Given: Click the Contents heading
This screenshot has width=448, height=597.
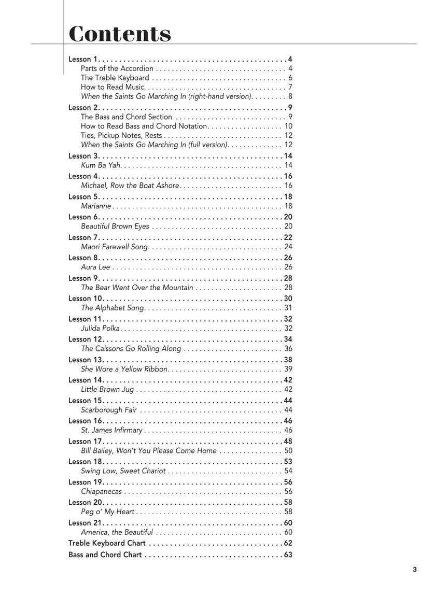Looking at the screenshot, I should click(120, 34).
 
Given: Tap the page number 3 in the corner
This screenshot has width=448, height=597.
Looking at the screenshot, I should click(415, 570).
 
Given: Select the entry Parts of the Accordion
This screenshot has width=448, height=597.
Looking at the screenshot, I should click(117, 68).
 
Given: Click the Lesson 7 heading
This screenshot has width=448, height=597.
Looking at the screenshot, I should click(83, 237).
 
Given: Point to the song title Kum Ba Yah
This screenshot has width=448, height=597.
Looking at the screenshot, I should click(101, 165).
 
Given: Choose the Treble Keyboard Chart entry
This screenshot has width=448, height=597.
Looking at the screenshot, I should click(107, 543).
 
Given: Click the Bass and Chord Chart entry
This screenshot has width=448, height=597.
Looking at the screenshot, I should click(105, 555).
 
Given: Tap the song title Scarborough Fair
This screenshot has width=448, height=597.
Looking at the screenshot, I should click(109, 410).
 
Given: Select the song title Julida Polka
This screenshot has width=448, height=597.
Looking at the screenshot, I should click(101, 329).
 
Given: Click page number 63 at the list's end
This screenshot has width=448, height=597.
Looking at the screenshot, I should click(288, 555).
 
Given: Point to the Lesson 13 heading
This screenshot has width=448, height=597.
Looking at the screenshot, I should click(85, 360).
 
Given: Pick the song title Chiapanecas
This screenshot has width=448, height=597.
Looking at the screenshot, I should click(102, 491).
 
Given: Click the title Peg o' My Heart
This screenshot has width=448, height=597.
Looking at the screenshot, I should click(108, 512).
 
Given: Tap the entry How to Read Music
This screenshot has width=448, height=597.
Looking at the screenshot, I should click(113, 87).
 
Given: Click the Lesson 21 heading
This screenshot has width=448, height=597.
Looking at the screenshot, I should click(85, 523).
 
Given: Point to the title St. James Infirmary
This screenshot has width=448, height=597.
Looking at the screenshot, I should click(111, 430).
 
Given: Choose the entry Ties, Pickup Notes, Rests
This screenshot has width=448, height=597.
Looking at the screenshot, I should click(121, 135).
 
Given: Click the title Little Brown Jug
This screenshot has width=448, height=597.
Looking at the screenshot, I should click(107, 390).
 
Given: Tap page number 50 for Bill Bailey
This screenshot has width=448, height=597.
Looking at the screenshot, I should click(288, 451).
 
